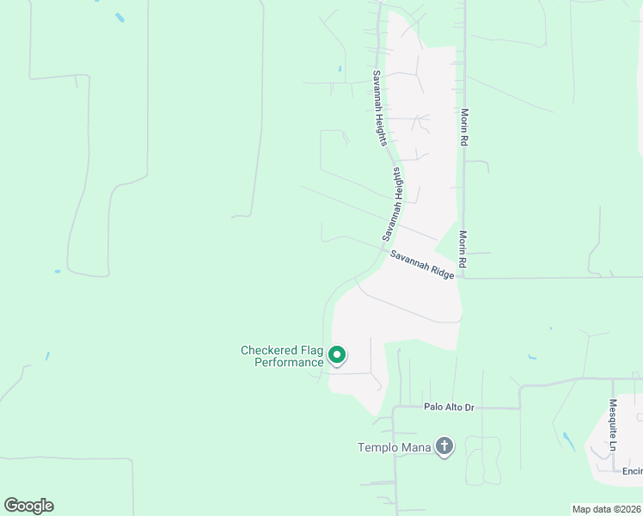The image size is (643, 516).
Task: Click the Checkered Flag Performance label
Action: point(281,356)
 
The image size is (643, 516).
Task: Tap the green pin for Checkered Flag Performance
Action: point(338,354)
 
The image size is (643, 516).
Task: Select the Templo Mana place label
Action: point(395,447)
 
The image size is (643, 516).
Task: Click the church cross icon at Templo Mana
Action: point(444,445)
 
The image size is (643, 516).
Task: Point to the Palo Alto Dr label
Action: point(449,407)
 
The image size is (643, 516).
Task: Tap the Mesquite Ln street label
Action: point(613,424)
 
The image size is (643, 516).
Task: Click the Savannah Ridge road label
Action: point(422,267)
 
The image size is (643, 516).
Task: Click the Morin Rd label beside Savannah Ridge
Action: point(462,249)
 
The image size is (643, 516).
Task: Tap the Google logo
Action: point(29,506)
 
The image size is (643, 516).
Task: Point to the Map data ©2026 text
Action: point(606,508)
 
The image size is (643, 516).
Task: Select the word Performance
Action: point(289,362)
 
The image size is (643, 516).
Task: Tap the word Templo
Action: point(378,447)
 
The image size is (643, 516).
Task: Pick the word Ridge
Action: point(440,276)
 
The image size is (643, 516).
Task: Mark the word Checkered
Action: point(268,350)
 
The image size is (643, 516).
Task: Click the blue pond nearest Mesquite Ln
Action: point(568,441)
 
